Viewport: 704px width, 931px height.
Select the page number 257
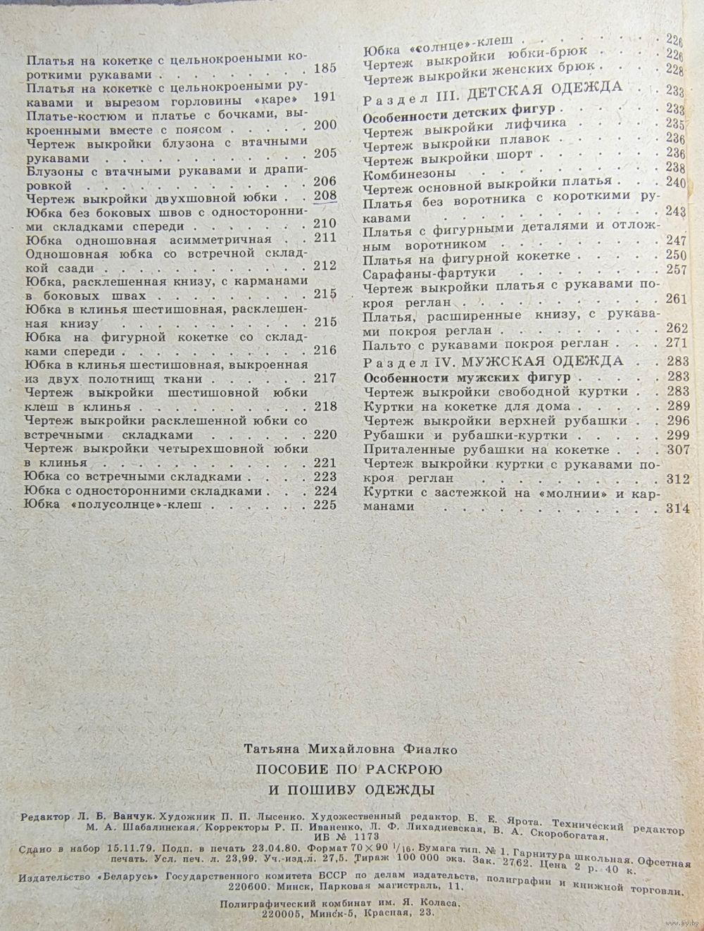(x=674, y=271)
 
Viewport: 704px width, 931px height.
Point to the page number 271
(x=674, y=344)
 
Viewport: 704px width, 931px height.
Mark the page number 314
(x=677, y=509)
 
